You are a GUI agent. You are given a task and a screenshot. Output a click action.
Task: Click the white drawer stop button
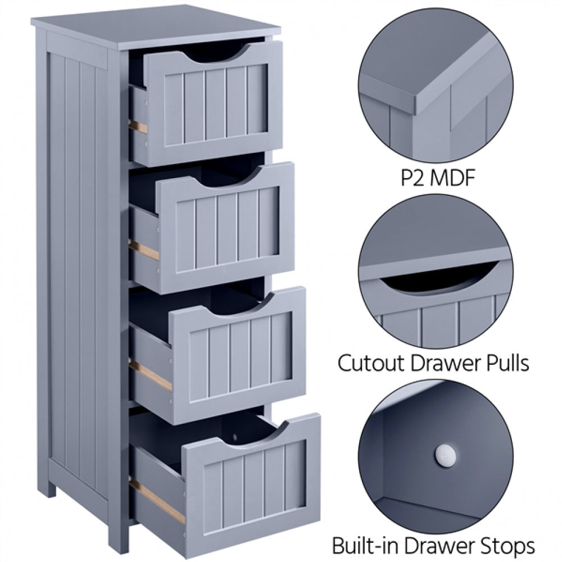pos(445,455)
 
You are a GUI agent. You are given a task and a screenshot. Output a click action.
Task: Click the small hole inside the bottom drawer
pos(235,437)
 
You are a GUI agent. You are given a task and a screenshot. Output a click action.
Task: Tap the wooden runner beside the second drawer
pos(144,250)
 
